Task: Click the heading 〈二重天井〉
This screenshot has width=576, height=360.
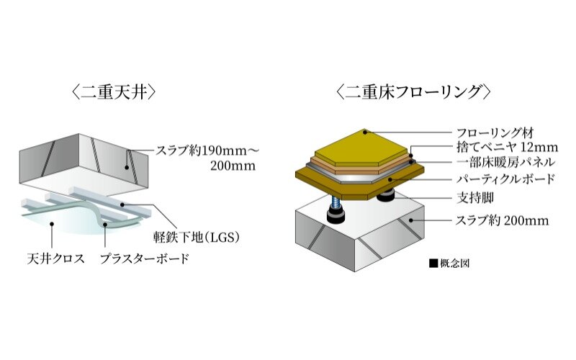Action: pyautogui.click(x=114, y=92)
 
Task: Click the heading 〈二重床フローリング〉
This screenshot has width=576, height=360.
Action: pyautogui.click(x=413, y=92)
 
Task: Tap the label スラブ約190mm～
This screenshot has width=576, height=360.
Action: pyautogui.click(x=208, y=150)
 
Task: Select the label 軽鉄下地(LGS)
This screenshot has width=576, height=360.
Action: pyautogui.click(x=196, y=238)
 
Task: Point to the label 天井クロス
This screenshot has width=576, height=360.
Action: pyautogui.click(x=56, y=258)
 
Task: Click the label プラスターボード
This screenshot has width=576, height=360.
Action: pyautogui.click(x=145, y=258)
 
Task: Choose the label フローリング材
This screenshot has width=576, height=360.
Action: pyautogui.click(x=495, y=132)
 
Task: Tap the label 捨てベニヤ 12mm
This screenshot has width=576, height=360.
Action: pyautogui.click(x=508, y=147)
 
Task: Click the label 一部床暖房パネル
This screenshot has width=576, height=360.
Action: pyautogui.click(x=506, y=161)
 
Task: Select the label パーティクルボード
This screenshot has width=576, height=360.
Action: pyautogui.click(x=505, y=179)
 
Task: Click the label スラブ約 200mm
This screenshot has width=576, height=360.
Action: pyautogui.click(x=502, y=220)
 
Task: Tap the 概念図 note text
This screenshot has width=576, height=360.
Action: pyautogui.click(x=455, y=264)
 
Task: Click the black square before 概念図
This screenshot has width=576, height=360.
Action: pyautogui.click(x=433, y=264)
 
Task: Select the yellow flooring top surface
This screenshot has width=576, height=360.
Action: pyautogui.click(x=362, y=148)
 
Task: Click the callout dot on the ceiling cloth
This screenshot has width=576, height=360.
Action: pyautogui.click(x=52, y=223)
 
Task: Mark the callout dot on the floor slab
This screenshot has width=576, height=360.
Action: pyautogui.click(x=412, y=220)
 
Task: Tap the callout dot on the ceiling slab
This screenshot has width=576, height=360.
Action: pyautogui.click(x=127, y=168)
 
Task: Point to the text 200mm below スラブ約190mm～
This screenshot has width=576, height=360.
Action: pyautogui.click(x=233, y=166)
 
